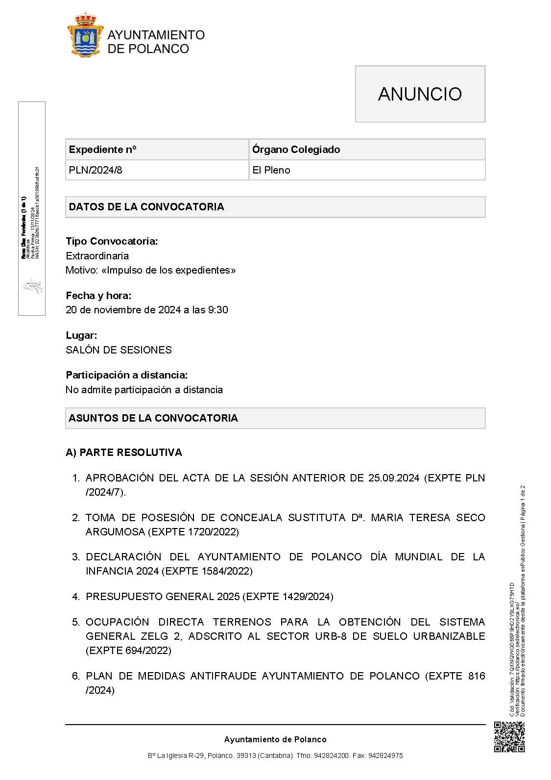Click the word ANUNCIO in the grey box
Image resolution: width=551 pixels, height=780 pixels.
click(x=420, y=94)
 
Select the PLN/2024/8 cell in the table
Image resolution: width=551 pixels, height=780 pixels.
click(x=96, y=170)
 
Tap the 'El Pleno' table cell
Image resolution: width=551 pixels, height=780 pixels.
click(x=271, y=170)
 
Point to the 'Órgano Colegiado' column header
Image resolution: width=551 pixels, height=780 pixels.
click(x=296, y=150)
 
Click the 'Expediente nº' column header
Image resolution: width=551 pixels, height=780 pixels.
click(x=103, y=150)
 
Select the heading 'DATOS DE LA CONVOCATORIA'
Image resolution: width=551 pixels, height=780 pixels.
click(x=146, y=207)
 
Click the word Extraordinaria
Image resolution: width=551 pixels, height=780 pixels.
click(x=97, y=256)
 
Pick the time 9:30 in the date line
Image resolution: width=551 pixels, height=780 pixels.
click(x=218, y=310)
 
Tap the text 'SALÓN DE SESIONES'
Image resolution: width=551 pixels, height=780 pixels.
click(x=119, y=350)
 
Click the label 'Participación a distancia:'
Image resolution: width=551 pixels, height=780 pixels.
click(x=127, y=375)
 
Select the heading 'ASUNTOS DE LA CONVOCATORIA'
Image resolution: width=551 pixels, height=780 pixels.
click(x=153, y=418)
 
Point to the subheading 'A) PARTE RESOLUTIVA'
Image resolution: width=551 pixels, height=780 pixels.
click(x=124, y=453)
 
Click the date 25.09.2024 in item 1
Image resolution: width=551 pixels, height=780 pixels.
click(x=394, y=478)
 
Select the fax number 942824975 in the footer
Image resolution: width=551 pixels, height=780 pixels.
click(x=385, y=756)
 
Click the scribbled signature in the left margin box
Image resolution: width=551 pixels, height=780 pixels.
click(x=33, y=286)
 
